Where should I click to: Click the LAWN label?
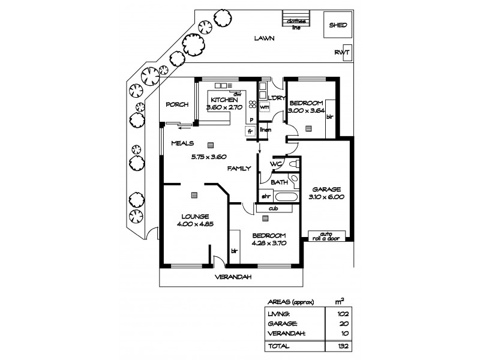pos(263,38)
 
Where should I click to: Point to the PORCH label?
pos(177,104)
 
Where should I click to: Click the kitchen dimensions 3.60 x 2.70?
pos(223,107)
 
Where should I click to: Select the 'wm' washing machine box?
pos(264,107)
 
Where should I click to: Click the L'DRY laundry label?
pos(275,98)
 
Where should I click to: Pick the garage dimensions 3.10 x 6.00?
pos(326,196)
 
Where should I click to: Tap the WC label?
pos(276,164)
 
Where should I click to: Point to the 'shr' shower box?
pos(265,196)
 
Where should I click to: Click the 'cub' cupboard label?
pos(273,209)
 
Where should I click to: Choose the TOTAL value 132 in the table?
pos(341,347)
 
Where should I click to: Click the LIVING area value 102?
pos(341,313)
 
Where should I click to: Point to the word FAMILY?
pos(238,169)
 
